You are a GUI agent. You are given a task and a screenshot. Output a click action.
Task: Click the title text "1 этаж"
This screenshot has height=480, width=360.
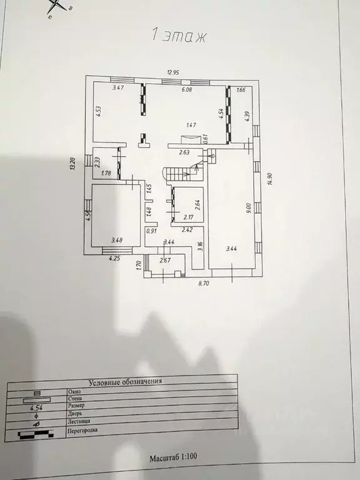[x=179, y=36]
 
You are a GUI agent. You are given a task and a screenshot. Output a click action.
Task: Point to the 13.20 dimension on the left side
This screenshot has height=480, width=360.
[x=73, y=164]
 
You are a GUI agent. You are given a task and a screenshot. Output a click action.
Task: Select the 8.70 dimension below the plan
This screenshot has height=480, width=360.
[x=204, y=284]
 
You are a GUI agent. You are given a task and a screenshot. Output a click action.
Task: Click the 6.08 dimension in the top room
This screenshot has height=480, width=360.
[x=186, y=89]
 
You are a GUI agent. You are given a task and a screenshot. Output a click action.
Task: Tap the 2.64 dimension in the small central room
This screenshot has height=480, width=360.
[x=197, y=204]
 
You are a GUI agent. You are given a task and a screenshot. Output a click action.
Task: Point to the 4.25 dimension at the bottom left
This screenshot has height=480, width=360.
[x=114, y=257]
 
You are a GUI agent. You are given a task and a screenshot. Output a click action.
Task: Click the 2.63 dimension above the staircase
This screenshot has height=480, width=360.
[x=184, y=152]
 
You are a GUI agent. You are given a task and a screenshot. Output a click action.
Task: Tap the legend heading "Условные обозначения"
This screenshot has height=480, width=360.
[x=126, y=381]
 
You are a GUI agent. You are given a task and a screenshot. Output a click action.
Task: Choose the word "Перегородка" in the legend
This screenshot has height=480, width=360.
[x=82, y=431]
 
